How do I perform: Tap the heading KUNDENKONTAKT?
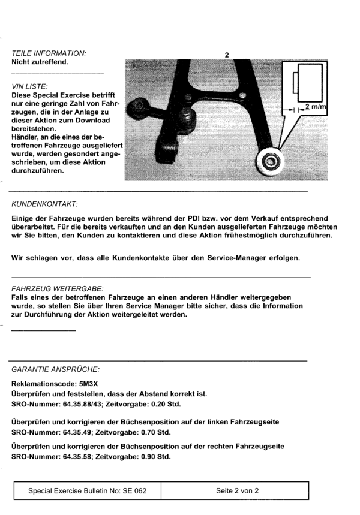pos(44,204)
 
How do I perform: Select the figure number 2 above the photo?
pos(227,55)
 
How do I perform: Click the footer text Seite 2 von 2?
pos(236,490)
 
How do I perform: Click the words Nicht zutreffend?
pos(40,61)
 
